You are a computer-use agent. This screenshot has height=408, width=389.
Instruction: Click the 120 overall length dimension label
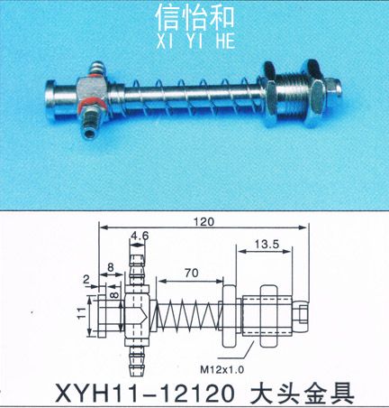click(204, 222)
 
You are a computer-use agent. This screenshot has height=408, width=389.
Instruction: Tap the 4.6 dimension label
click(140, 236)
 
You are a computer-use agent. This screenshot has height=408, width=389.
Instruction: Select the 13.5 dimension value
click(267, 244)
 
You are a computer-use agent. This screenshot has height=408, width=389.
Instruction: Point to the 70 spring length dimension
click(192, 273)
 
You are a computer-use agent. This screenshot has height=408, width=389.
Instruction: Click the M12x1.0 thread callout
click(222, 369)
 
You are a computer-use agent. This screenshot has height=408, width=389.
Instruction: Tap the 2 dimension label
click(86, 280)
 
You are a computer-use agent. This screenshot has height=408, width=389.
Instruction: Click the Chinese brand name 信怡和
click(195, 19)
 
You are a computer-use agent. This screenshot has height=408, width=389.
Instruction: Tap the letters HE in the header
click(225, 42)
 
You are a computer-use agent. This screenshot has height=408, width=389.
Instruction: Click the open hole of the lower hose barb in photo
click(89, 133)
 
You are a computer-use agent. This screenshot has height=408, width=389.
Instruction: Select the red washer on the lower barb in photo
click(92, 103)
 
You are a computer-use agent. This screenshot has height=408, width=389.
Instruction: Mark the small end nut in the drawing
click(302, 315)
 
